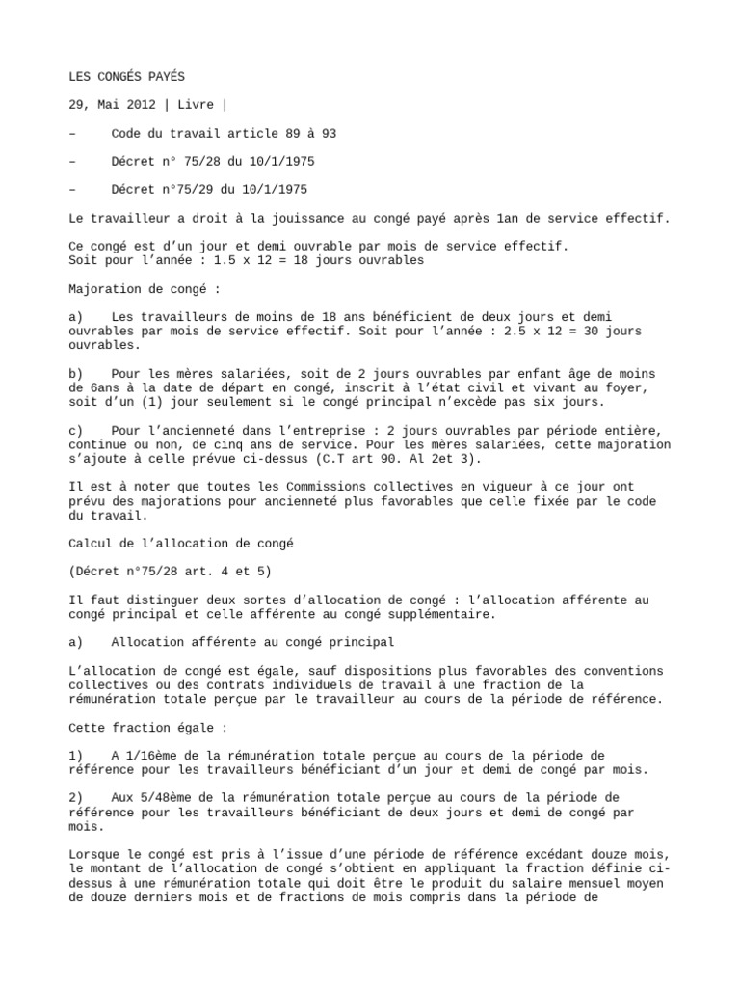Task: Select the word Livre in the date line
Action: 198,105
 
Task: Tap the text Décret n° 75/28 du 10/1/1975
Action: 213,161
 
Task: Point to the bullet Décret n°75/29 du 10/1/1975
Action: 209,189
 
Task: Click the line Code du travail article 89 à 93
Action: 224,133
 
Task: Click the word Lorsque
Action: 96,854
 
